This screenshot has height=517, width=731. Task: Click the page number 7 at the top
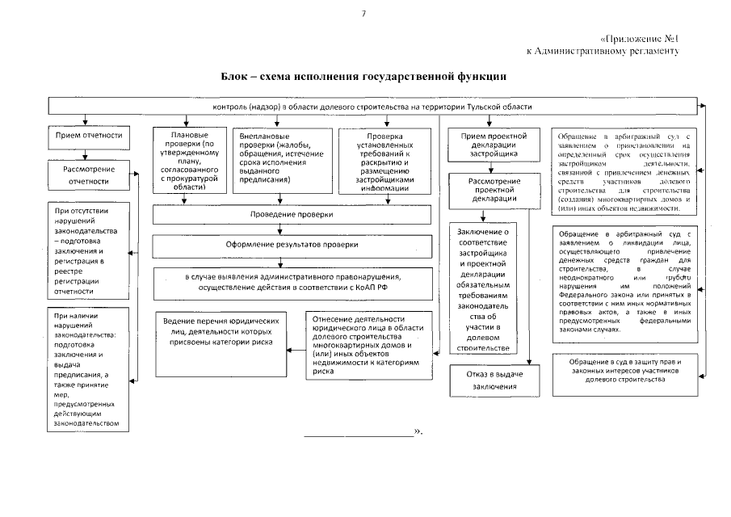[x=364, y=14]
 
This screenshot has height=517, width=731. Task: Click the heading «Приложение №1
[x=643, y=39]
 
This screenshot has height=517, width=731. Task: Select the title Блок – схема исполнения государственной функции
[x=364, y=77]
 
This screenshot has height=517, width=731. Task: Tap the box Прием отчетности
[x=89, y=136]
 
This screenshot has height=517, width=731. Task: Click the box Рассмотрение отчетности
[x=89, y=175]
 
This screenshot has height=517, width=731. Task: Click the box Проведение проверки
[x=290, y=216]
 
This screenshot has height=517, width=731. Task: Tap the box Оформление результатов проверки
[x=290, y=244]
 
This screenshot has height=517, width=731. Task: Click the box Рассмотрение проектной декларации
[x=494, y=191]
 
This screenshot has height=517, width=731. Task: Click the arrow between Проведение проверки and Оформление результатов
[x=279, y=229]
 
